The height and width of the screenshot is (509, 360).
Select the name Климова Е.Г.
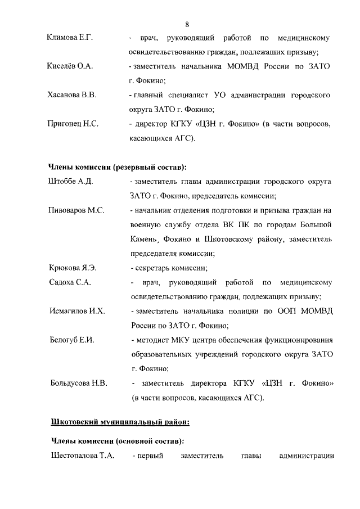pos(69,38)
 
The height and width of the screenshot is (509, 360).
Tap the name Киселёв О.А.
pos(70,66)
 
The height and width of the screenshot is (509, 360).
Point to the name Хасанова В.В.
pos(72,95)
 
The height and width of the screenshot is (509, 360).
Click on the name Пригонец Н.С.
pos(73,124)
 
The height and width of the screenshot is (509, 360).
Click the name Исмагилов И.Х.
pos(76,311)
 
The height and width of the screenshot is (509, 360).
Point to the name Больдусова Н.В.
pos(79,384)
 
